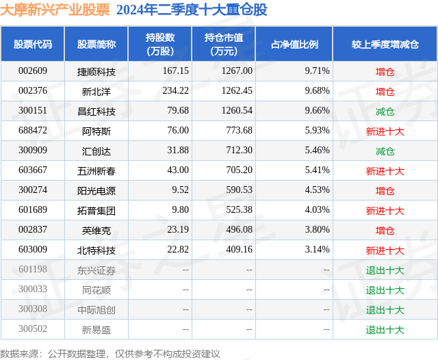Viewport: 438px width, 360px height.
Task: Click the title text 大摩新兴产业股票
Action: (55, 10)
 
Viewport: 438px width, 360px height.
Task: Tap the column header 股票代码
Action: (32, 44)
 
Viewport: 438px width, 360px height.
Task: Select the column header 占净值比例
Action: (299, 44)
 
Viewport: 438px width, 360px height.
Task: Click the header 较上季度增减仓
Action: (385, 44)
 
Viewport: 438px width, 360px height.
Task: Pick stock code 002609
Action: (33, 71)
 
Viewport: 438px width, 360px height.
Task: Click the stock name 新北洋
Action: (96, 91)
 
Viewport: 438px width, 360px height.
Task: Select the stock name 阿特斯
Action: (96, 131)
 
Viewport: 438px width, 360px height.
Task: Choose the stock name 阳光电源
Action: (96, 191)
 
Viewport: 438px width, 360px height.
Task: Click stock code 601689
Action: (33, 211)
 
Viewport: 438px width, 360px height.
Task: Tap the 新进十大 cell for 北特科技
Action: (385, 250)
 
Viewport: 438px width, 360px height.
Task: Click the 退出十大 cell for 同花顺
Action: (385, 290)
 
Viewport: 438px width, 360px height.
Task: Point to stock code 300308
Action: (33, 309)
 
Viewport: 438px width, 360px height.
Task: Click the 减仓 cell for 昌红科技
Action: (385, 111)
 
